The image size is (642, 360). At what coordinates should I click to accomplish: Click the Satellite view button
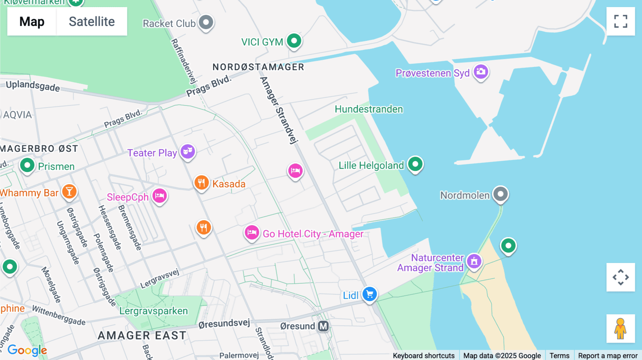point(92,21)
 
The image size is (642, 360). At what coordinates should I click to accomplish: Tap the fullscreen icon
point(621,21)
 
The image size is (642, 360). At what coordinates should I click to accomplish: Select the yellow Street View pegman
point(621,329)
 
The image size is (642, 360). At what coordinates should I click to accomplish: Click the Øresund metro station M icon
point(323,326)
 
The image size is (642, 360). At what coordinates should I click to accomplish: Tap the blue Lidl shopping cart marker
point(370,294)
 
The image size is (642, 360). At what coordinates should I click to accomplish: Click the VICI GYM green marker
point(294,41)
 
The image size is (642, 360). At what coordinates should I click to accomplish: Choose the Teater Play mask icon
point(188,152)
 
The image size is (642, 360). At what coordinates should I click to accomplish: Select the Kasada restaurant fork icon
point(202,183)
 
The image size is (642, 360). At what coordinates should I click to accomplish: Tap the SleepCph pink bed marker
point(159,196)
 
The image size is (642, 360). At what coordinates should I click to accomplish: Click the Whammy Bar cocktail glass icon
point(69,192)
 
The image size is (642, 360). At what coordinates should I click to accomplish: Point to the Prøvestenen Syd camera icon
point(481,72)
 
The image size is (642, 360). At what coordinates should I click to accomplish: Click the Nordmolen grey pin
point(500,194)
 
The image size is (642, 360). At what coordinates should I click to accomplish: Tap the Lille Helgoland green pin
point(415,164)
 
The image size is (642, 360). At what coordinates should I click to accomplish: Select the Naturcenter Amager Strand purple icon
point(474,261)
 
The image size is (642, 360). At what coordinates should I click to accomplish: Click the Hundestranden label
point(369,109)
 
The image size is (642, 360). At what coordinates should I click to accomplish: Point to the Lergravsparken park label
point(153,311)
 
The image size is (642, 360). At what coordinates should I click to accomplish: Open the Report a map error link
point(608,355)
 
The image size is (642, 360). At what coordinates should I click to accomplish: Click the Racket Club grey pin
point(206,22)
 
